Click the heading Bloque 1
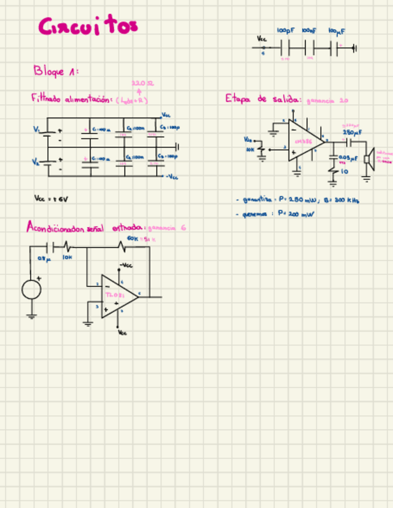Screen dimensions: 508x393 click(55, 71)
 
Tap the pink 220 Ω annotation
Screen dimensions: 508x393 click(142, 83)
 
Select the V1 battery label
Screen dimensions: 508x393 click(37, 129)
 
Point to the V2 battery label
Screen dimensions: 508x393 click(36, 162)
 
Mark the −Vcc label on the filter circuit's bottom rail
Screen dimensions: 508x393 click(171, 177)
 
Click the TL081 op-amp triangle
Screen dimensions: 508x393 click(116, 296)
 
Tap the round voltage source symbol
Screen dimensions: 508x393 click(31, 290)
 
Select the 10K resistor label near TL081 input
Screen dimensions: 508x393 click(67, 257)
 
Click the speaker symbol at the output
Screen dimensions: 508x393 click(369, 159)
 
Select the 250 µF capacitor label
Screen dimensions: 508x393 click(350, 132)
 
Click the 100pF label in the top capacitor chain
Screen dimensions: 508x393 click(285, 30)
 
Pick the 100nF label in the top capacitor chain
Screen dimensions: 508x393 click(309, 30)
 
